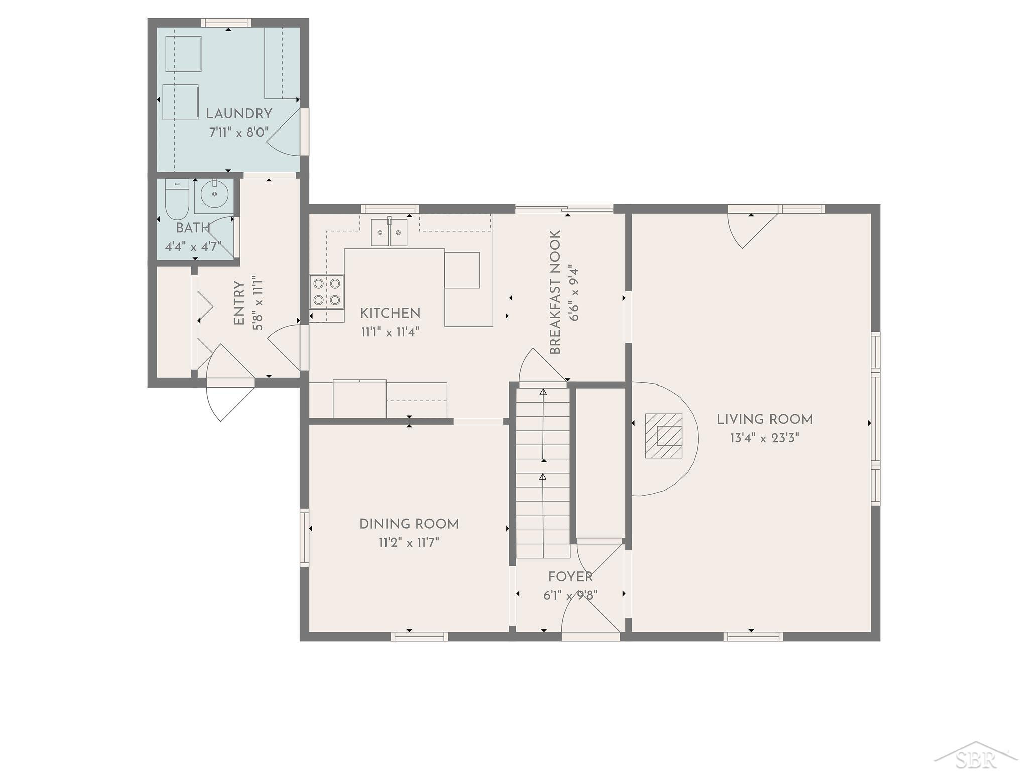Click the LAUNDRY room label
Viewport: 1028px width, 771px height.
coord(239,114)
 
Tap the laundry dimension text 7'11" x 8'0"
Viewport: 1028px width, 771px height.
coord(239,133)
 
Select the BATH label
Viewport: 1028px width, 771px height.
coord(193,228)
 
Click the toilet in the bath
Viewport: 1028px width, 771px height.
coord(176,200)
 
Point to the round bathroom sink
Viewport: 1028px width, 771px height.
coord(215,194)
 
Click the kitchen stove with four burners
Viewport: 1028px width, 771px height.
coord(327,291)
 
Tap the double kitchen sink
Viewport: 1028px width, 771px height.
coord(389,232)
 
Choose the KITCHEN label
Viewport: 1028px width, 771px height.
coord(390,314)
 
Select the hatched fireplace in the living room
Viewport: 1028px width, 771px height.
coord(664,436)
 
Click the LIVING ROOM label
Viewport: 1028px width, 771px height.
coord(764,419)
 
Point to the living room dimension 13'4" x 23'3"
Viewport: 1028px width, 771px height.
coord(764,438)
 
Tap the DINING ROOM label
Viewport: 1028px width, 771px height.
coord(409,524)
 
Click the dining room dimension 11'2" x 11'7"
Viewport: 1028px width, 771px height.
coord(409,543)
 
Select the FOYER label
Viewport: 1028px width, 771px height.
coord(570,577)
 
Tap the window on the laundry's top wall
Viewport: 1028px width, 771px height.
coord(226,23)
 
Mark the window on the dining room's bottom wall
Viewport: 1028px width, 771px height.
coord(419,636)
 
